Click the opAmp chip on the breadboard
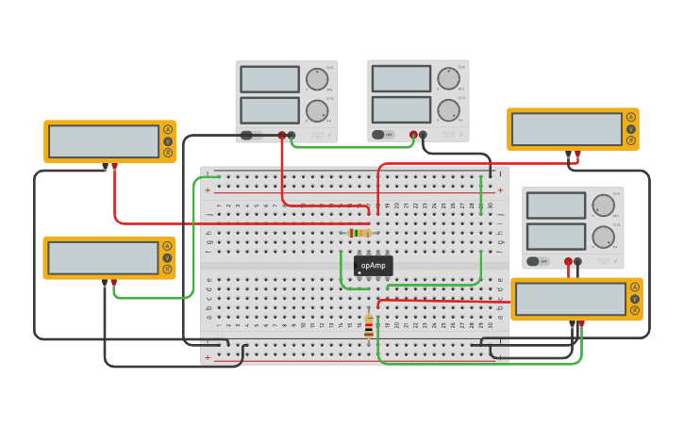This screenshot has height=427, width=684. point(373,266)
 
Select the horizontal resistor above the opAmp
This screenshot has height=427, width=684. point(359,233)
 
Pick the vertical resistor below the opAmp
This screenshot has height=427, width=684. point(368,326)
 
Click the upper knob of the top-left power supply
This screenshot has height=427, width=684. point(317,79)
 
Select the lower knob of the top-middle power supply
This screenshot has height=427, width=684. point(448,110)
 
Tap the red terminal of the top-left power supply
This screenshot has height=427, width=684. point(281,136)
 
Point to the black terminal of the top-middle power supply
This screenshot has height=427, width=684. point(422,135)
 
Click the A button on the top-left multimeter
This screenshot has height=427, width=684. point(168,129)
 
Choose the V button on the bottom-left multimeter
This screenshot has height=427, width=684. point(167,257)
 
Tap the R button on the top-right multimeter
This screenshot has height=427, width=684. point(631,140)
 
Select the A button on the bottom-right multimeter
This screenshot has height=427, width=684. point(635,287)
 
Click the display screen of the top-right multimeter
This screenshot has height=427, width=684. point(566,129)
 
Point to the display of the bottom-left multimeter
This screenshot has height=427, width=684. point(103,257)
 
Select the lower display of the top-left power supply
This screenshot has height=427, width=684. point(270,110)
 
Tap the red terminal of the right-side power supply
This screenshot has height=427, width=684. point(568,262)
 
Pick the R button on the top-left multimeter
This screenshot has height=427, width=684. point(168,153)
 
